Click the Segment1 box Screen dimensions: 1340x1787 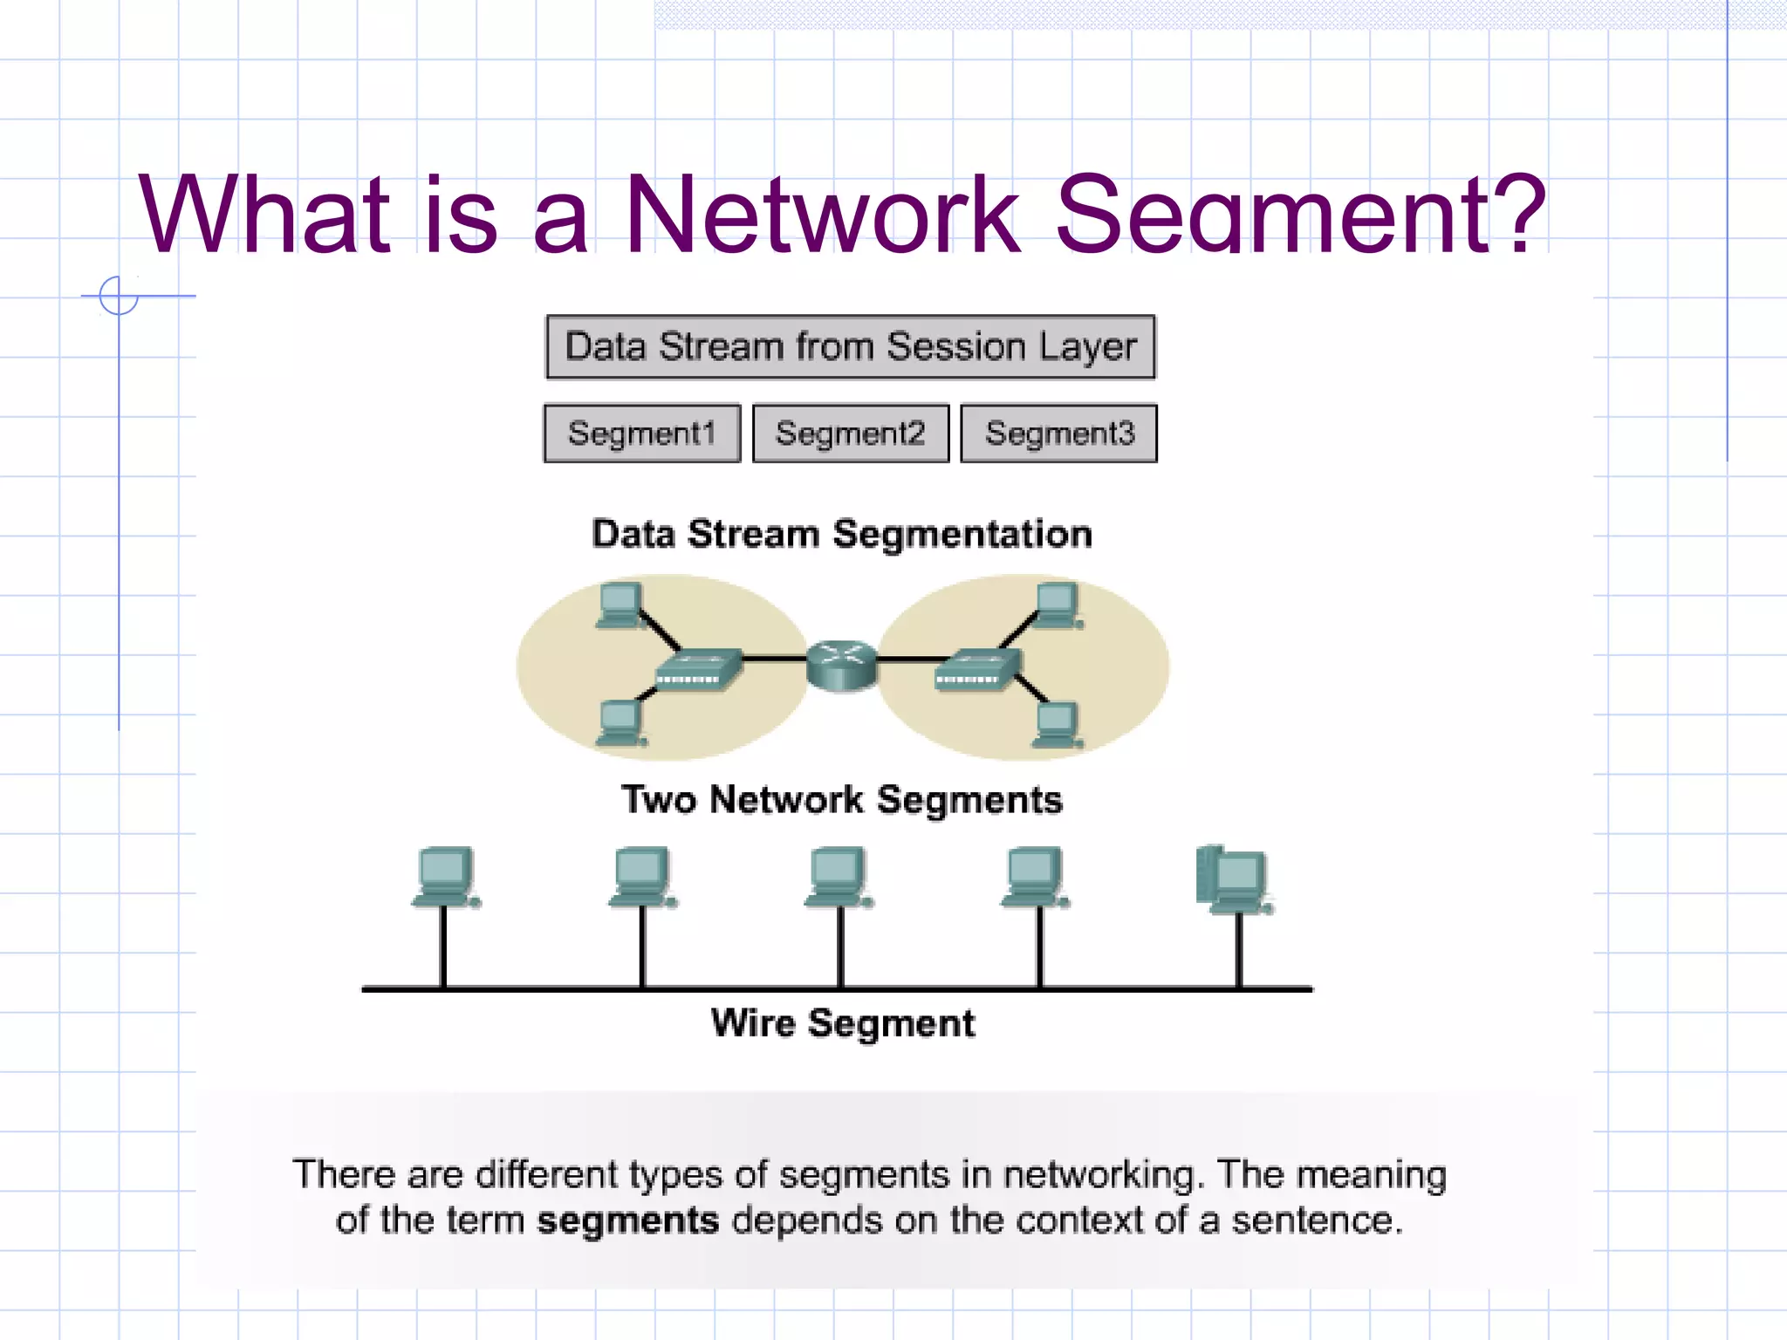(641, 433)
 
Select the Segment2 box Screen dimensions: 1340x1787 (851, 433)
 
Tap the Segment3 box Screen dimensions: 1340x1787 (1059, 433)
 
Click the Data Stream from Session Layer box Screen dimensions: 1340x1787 (851, 347)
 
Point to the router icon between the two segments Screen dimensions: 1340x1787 (841, 665)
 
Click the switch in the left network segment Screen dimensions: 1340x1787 (698, 670)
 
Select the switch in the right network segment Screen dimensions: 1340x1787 (977, 670)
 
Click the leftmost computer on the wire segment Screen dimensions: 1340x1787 (445, 877)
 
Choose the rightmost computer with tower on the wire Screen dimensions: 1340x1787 (1234, 879)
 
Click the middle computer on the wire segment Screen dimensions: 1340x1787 (839, 877)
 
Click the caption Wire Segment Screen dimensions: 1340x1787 (842, 1023)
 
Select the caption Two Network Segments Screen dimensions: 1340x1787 (842, 800)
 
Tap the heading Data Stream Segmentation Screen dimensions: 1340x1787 (842, 534)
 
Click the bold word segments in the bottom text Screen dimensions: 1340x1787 (627, 1220)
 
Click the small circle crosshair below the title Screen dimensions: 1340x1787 (119, 296)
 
